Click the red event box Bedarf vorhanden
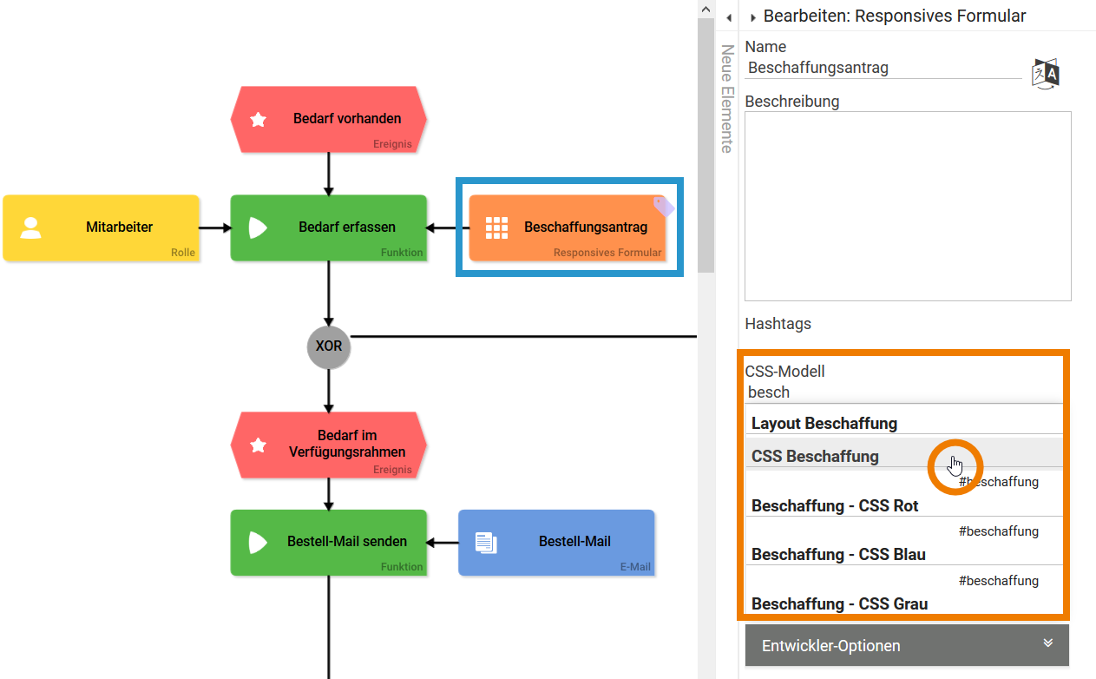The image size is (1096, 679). pos(328,119)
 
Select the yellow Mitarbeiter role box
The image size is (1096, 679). pos(102,227)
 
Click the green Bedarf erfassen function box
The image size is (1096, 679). pos(328,227)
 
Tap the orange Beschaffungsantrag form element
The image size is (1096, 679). pos(568,227)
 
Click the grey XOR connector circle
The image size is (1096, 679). pos(328,346)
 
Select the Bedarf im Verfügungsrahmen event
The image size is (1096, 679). pos(328,444)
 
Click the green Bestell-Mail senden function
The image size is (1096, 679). pos(328,542)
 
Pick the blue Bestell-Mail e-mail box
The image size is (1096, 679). pos(556,542)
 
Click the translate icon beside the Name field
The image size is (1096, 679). pos(1046,74)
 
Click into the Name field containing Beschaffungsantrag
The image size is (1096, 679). pos(883,68)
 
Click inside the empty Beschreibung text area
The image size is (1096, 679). pos(908,206)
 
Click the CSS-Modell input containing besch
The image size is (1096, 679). pos(902,392)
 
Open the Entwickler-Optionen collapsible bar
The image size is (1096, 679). pos(907,645)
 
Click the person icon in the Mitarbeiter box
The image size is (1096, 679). pos(31,227)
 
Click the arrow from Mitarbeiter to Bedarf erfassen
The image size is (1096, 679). pos(215,227)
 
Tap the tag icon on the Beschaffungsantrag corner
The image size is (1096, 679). pos(664,207)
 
